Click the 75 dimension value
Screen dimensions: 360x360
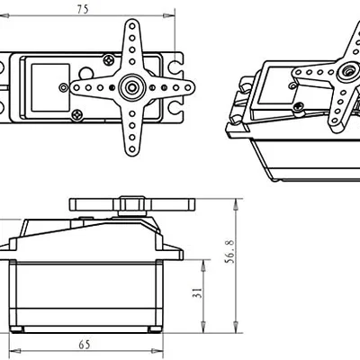tap(83, 9)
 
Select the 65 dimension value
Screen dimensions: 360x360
tap(84, 344)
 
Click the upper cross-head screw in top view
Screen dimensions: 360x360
tap(109, 59)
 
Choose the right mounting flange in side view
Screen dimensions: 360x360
tap(173, 251)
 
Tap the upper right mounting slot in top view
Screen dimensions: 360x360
tap(171, 67)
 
